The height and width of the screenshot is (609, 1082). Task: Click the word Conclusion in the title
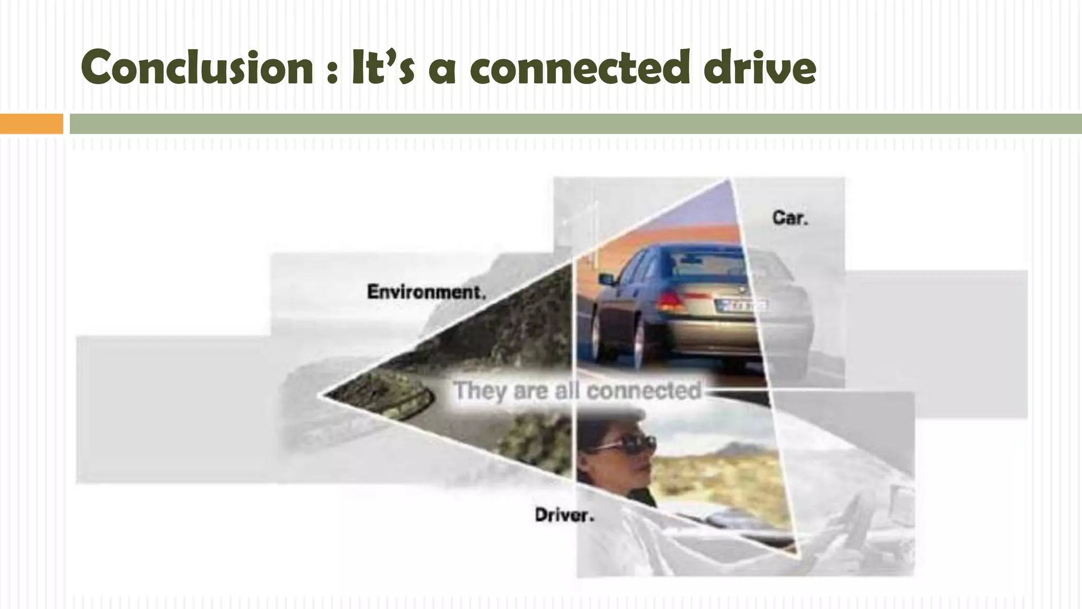tap(197, 68)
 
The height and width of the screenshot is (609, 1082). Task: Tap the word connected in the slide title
tap(580, 68)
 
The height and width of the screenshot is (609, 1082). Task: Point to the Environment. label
tap(426, 292)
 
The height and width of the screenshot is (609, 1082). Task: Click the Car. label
tap(790, 218)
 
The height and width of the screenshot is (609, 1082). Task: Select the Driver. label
tap(564, 515)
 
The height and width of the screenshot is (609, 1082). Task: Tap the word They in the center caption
tap(479, 391)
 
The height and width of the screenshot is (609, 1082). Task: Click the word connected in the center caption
tap(644, 391)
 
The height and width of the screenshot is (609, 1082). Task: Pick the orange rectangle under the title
tap(31, 124)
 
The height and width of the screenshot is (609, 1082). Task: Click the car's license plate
tap(743, 306)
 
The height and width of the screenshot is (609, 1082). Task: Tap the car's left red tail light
tap(670, 301)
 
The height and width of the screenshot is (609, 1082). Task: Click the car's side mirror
tap(607, 279)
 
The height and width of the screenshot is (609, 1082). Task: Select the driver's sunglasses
tap(628, 444)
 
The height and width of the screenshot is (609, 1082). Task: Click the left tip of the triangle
tap(321, 394)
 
